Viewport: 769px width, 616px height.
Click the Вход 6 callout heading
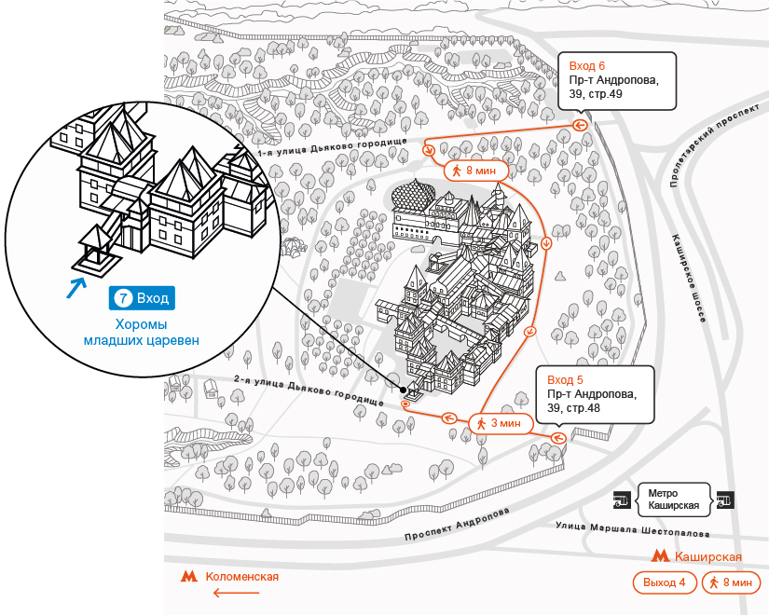(x=587, y=66)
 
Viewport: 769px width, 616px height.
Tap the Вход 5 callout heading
(x=565, y=380)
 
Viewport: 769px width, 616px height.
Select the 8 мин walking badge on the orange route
(x=475, y=171)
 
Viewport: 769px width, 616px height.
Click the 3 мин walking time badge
(x=501, y=423)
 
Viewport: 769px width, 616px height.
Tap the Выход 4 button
(x=664, y=582)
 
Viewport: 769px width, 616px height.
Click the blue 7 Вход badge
(x=142, y=298)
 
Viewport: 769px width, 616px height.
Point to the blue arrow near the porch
(x=76, y=288)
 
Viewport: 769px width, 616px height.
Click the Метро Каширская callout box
(x=673, y=500)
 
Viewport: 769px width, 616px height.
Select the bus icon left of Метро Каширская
(x=622, y=500)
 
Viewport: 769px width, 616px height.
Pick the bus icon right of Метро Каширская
(x=725, y=500)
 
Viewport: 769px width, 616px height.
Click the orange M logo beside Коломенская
(x=189, y=576)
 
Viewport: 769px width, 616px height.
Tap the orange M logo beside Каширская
(x=660, y=556)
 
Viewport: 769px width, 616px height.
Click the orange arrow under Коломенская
(x=237, y=593)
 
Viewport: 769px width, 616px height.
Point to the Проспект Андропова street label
(x=457, y=525)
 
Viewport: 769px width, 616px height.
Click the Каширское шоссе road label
(x=689, y=278)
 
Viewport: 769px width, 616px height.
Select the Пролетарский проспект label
(x=715, y=145)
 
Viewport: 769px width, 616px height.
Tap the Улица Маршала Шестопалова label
(x=633, y=529)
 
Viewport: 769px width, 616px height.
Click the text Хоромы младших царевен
(x=142, y=332)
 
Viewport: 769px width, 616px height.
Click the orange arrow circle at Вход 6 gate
(x=580, y=126)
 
